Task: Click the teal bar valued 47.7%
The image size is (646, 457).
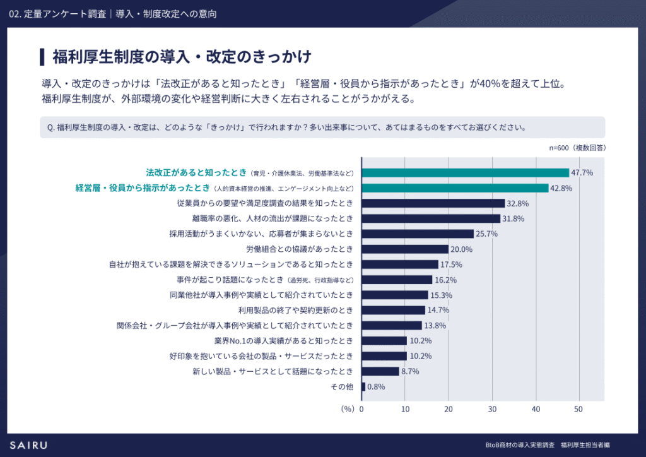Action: tap(465, 172)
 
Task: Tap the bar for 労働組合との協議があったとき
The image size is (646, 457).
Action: tap(404, 249)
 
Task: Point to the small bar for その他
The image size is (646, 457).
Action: tap(363, 386)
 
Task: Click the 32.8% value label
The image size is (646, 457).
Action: tap(518, 203)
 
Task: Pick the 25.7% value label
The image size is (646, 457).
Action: tap(487, 234)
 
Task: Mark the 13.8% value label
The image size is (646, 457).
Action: tap(435, 326)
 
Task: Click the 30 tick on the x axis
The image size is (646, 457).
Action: tap(492, 409)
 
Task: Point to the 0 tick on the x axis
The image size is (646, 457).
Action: tap(361, 409)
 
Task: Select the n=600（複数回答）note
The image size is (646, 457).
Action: tap(578, 147)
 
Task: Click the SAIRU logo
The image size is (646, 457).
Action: tap(28, 445)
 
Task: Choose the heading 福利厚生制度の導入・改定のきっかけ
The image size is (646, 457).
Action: tap(182, 57)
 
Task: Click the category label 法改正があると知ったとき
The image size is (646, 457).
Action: tap(196, 172)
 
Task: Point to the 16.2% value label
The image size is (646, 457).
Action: tap(445, 280)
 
